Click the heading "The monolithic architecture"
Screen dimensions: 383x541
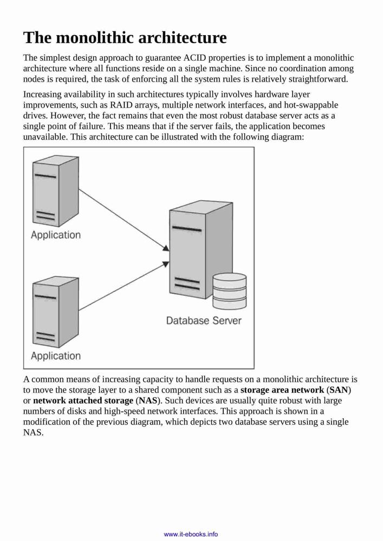125,38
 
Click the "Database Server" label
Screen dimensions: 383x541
203,320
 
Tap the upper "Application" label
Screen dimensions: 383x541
56,235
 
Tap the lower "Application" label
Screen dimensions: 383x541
56,356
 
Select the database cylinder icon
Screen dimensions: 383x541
229,291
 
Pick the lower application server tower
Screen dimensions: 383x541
56,312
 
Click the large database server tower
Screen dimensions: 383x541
201,249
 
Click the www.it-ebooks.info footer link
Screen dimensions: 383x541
191,534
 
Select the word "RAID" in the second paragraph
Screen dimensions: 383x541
120,105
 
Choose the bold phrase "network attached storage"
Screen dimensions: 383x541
83,400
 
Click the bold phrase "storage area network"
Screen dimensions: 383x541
282,390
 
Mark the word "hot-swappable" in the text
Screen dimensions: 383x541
311,105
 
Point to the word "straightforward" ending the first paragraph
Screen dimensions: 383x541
317,79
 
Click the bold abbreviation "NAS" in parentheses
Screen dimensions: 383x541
148,400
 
